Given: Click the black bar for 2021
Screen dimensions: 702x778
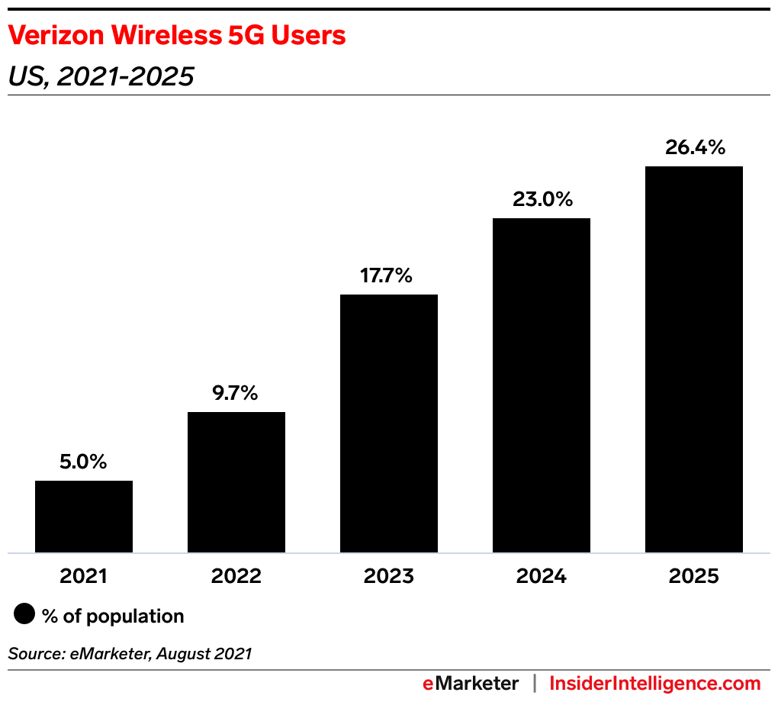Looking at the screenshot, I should coord(84,517).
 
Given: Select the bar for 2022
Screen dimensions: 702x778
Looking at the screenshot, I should coord(236,482).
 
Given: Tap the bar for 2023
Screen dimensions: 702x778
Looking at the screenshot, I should coord(389,423).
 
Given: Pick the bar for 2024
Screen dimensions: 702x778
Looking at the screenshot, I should coord(542,385).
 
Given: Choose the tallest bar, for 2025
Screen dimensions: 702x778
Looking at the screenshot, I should coord(694,359).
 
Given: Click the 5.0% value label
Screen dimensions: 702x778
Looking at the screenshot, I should coord(84,462).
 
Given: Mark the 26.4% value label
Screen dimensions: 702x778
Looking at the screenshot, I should coord(694,147).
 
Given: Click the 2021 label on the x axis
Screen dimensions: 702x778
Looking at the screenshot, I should coord(84,576).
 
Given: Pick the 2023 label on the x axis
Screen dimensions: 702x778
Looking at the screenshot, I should coord(389,576).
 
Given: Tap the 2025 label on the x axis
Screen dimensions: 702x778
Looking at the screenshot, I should coord(694,576).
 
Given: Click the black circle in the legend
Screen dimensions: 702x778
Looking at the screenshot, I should coord(24,615).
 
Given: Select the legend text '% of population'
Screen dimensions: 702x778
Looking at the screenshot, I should coord(114,616).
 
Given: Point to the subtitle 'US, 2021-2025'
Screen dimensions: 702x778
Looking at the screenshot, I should coord(101,76).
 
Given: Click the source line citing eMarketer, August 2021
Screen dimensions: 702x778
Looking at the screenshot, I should coord(130,653).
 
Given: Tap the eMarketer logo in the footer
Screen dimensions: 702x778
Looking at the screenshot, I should coord(471,683).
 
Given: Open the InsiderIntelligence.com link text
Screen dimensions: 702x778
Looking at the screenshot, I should coord(655,683).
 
